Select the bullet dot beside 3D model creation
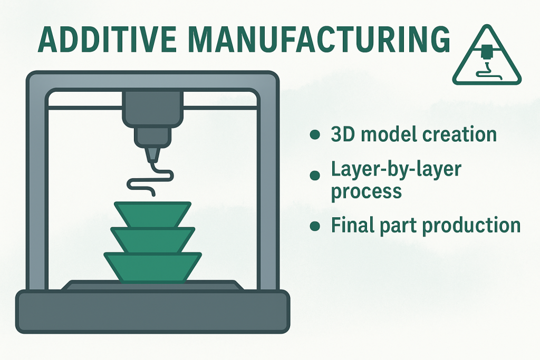[x=315, y=135]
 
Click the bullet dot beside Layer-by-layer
[x=315, y=175]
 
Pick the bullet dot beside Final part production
[x=315, y=226]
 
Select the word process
[x=366, y=191]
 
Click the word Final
[x=350, y=225]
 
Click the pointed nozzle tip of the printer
[x=152, y=155]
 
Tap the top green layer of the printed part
[x=153, y=214]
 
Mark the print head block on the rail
[x=152, y=108]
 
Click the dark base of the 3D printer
[x=152, y=311]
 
